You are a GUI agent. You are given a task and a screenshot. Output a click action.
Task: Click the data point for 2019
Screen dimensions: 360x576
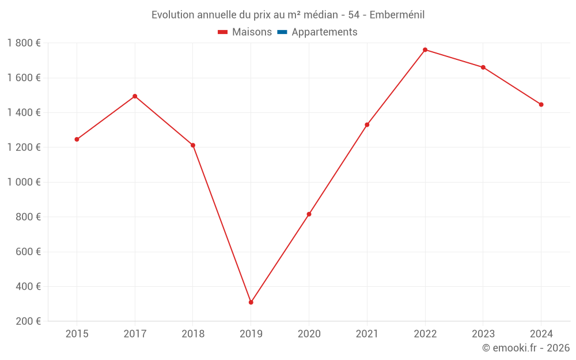pyautogui.click(x=251, y=302)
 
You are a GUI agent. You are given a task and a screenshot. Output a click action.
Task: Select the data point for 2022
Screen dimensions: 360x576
pyautogui.click(x=425, y=50)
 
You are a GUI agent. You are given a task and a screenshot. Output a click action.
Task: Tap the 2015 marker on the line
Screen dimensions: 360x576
pyautogui.click(x=77, y=139)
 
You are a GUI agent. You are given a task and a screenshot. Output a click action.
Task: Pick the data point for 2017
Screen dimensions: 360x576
pyautogui.click(x=135, y=96)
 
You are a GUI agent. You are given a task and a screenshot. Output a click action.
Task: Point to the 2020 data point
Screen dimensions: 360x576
pyautogui.click(x=309, y=214)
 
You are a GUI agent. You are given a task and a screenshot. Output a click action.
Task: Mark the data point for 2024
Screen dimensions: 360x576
pyautogui.click(x=541, y=105)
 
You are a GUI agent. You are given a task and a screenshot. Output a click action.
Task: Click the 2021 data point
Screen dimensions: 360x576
pyautogui.click(x=367, y=124)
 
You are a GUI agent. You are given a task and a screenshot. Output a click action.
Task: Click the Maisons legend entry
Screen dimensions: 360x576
pyautogui.click(x=252, y=32)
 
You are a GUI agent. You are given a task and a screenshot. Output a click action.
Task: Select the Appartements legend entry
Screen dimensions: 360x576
pyautogui.click(x=324, y=32)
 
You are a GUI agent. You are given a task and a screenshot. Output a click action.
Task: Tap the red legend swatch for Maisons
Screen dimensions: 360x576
pyautogui.click(x=223, y=32)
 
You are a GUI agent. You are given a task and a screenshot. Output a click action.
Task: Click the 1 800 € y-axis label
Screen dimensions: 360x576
pyautogui.click(x=24, y=43)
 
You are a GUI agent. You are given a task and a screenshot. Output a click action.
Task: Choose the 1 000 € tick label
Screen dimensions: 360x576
pyautogui.click(x=24, y=182)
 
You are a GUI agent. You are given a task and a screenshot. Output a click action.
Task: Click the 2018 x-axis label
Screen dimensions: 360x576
pyautogui.click(x=193, y=334)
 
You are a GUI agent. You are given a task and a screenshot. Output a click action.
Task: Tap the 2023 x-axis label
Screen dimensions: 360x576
pyautogui.click(x=483, y=334)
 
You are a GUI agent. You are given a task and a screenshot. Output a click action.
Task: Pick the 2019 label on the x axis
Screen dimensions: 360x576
pyautogui.click(x=251, y=334)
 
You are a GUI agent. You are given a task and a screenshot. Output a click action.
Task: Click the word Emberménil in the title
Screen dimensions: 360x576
pyautogui.click(x=397, y=15)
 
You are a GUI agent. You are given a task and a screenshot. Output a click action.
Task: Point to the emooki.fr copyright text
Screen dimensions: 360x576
pyautogui.click(x=526, y=348)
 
